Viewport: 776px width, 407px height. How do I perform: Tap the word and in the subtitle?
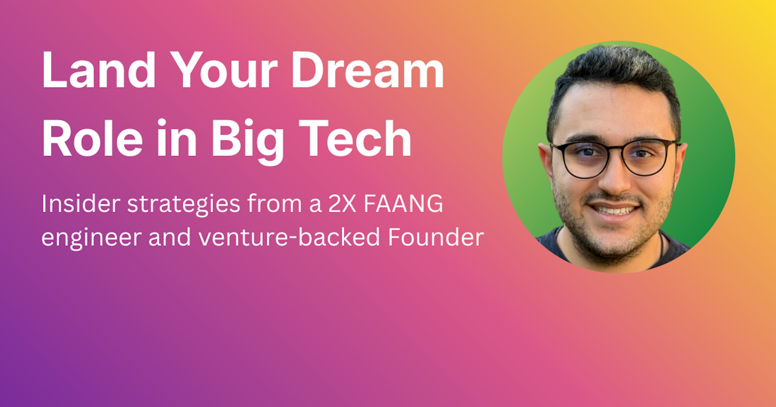170,237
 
